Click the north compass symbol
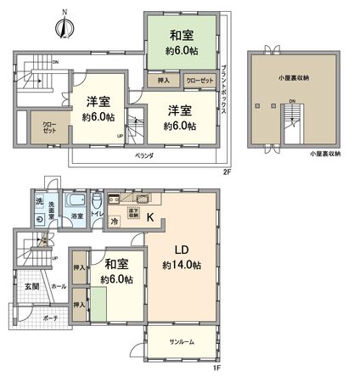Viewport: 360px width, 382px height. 60,27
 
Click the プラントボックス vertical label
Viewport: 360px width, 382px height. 222,93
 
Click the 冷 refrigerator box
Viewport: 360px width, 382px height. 115,222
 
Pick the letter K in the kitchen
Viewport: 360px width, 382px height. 150,217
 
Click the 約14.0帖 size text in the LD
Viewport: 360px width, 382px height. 183,266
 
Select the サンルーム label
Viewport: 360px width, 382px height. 182,341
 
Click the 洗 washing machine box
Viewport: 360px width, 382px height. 39,201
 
